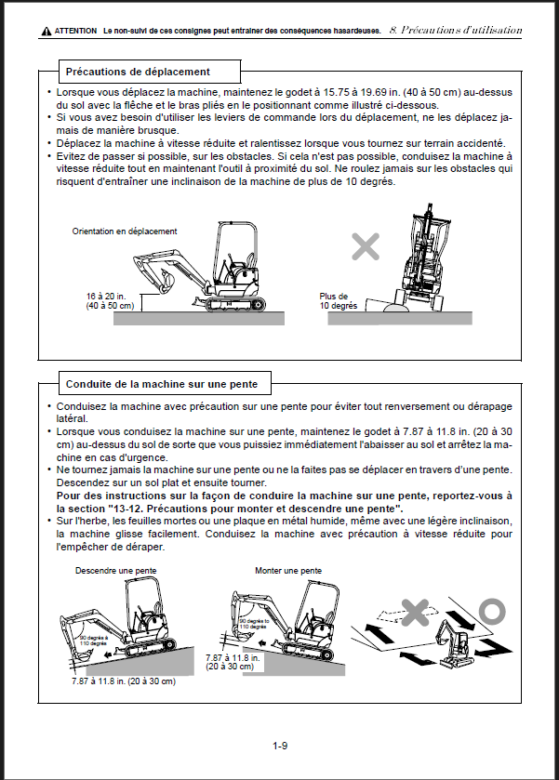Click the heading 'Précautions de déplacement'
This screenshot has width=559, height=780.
(138, 72)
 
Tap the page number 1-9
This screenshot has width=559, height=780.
(279, 745)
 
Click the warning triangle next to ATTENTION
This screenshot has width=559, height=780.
(46, 32)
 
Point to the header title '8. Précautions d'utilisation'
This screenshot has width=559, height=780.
(455, 31)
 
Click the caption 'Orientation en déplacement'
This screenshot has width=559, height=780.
(125, 231)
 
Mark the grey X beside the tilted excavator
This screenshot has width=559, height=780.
(365, 246)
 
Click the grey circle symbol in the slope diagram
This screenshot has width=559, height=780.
(492, 610)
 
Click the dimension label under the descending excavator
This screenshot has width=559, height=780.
(122, 681)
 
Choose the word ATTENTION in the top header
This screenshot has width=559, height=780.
(75, 31)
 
